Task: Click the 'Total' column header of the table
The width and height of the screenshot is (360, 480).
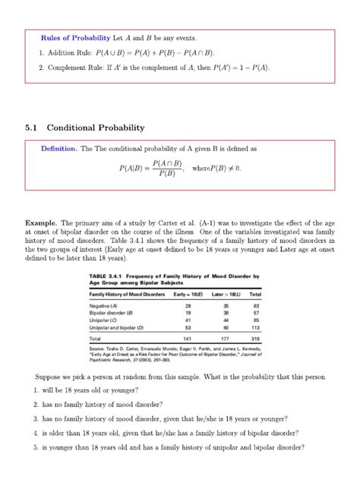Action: [x=255, y=293]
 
